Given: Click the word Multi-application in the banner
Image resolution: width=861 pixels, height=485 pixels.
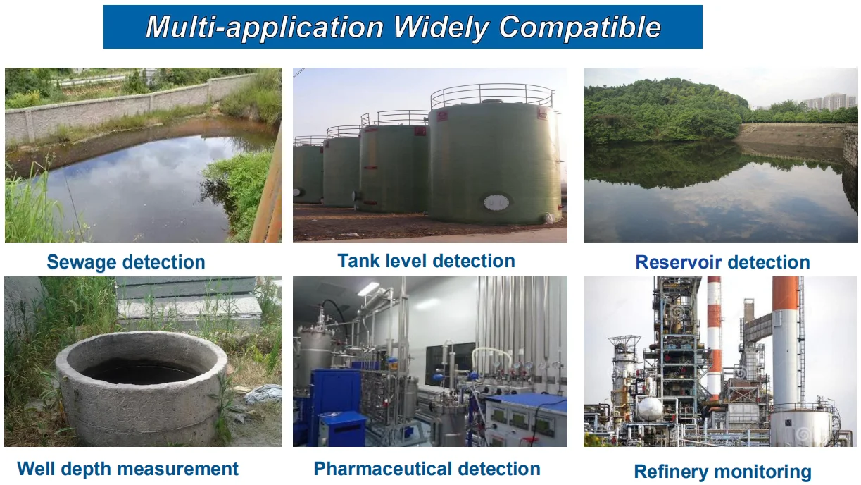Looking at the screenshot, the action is click(x=265, y=27).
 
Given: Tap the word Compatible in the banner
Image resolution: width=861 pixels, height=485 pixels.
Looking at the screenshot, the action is click(x=579, y=27).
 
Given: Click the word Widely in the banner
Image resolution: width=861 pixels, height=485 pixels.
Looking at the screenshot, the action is click(x=441, y=27).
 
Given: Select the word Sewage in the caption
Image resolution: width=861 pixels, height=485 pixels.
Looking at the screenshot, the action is click(x=82, y=263).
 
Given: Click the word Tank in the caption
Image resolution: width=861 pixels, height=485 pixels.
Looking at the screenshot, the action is click(x=358, y=261).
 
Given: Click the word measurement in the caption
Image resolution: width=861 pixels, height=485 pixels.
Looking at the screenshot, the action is click(x=177, y=469).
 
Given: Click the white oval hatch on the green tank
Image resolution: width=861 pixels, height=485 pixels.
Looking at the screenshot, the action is click(x=496, y=202).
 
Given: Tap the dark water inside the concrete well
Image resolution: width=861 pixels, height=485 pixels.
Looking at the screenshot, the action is click(x=140, y=372).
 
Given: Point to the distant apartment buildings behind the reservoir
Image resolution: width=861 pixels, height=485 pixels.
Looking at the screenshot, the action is click(x=827, y=102).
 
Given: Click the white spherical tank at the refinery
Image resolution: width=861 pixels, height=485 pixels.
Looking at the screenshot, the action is click(x=650, y=409).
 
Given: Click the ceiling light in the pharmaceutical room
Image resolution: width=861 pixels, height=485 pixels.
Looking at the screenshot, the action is click(x=367, y=290).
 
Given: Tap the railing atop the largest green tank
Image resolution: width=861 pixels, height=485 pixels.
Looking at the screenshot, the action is click(x=492, y=95).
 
